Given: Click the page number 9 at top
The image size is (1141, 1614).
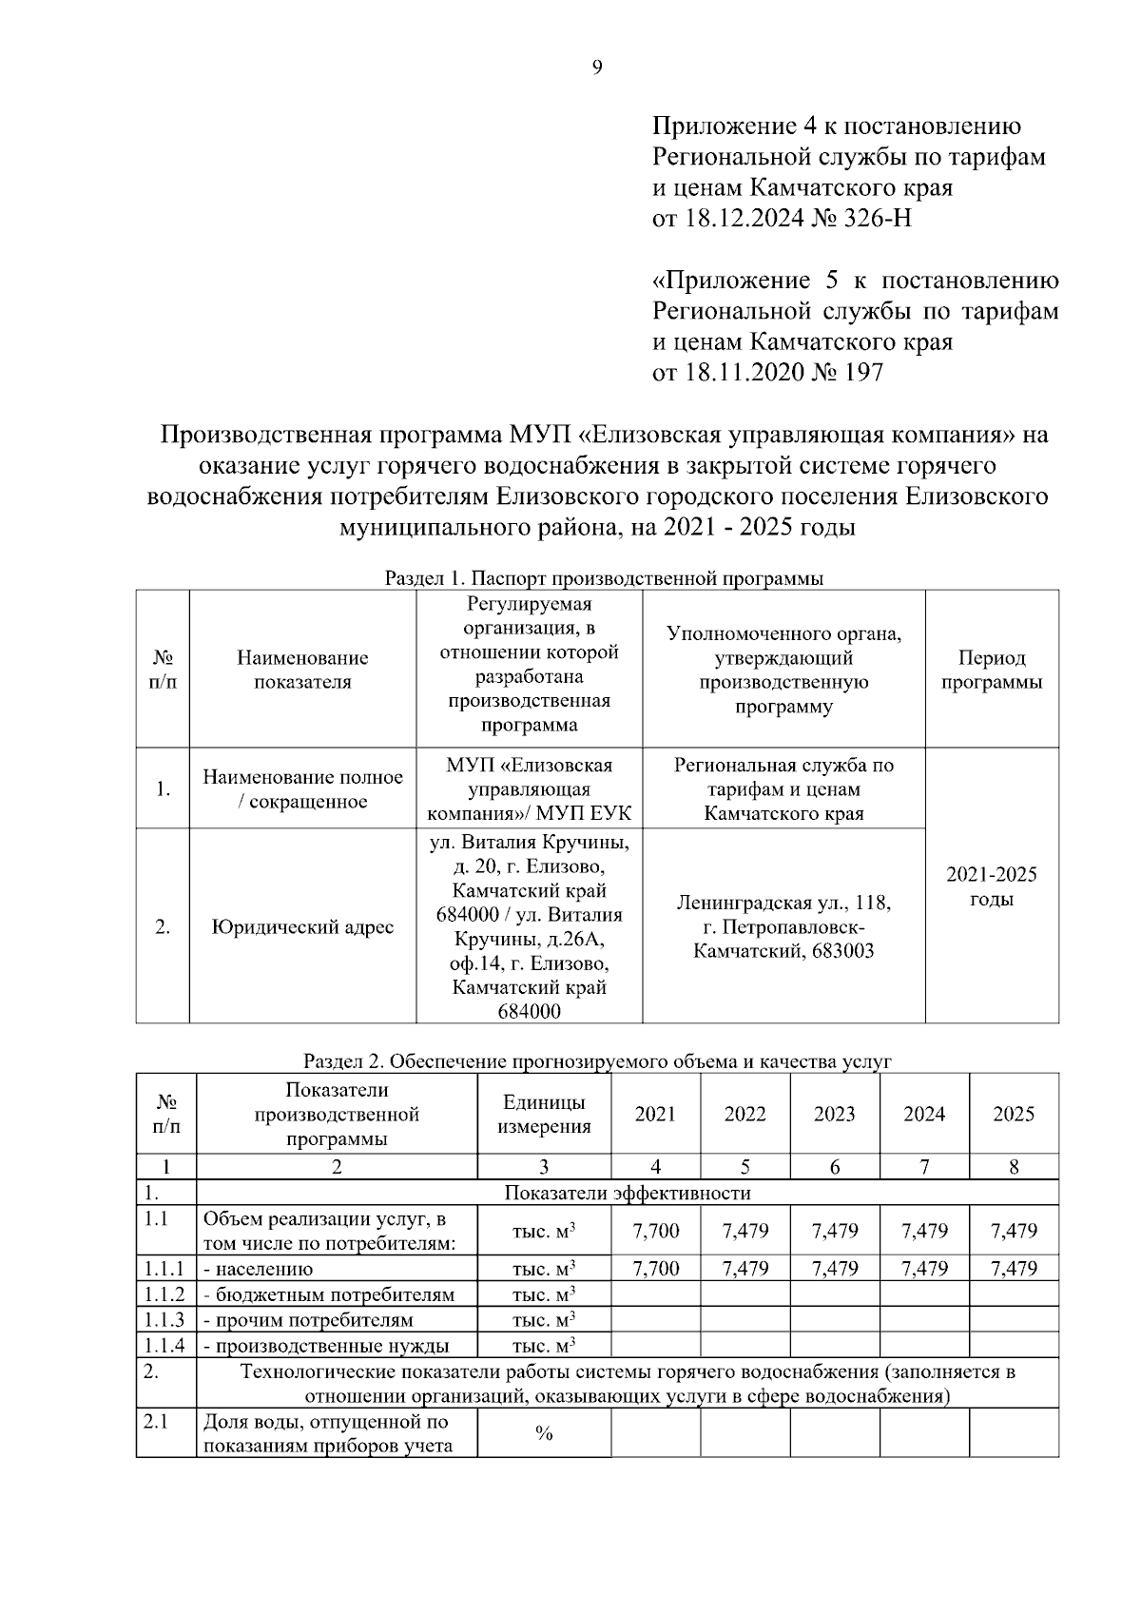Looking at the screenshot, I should click(597, 67).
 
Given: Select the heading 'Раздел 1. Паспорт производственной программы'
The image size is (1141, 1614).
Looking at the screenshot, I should click(604, 578).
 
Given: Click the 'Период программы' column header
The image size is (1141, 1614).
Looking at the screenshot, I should click(991, 671).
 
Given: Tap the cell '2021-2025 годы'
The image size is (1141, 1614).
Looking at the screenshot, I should click(991, 886).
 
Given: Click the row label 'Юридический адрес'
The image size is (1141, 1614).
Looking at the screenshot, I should click(301, 927).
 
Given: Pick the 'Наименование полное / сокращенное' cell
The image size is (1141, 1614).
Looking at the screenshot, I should click(301, 789).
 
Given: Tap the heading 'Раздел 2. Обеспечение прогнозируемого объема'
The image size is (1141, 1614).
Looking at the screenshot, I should click(597, 1061).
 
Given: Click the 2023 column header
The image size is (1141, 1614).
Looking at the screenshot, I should click(834, 1115).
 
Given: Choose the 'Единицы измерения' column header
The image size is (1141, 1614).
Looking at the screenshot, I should click(544, 1115).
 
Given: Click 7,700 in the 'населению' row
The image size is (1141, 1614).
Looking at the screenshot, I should click(655, 1269).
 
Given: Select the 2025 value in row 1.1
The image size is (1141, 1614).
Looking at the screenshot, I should click(1013, 1232).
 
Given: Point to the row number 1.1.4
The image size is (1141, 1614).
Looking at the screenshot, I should click(164, 1346).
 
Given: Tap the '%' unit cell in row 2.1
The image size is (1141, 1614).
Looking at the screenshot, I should click(544, 1434).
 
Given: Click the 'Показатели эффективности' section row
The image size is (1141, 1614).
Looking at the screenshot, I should click(627, 1193).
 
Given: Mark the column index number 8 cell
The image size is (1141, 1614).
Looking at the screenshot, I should click(1013, 1167).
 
